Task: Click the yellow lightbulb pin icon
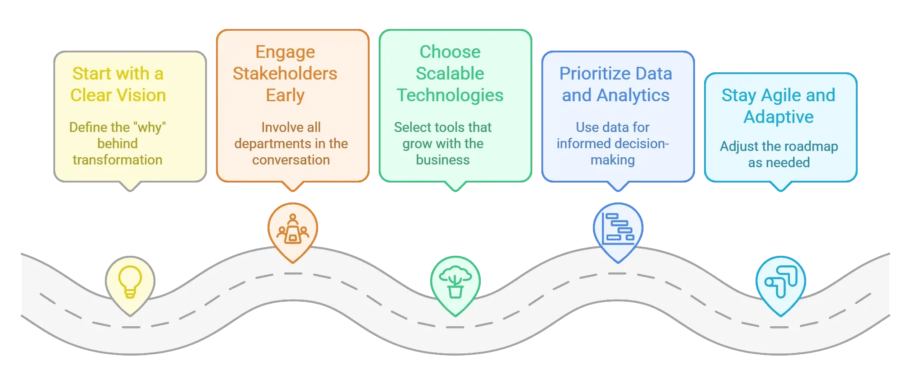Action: (x=130, y=282)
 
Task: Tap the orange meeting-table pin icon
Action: (x=293, y=229)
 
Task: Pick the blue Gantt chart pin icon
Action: (x=618, y=229)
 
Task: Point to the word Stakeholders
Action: (x=285, y=74)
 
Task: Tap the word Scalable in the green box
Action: (x=450, y=74)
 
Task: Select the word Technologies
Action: (x=450, y=95)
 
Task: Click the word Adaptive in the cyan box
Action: (x=779, y=117)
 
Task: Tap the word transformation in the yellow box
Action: (x=117, y=160)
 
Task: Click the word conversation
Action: (x=291, y=160)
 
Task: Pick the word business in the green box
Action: (x=443, y=160)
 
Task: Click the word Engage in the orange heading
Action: (x=285, y=52)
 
